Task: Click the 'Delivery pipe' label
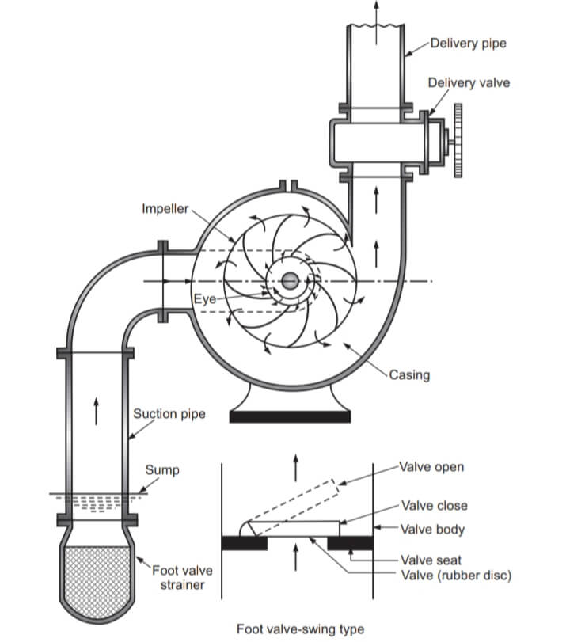coord(468,44)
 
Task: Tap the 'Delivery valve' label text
coord(469,82)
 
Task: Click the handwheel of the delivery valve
coord(458,140)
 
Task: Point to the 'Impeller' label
coord(165,209)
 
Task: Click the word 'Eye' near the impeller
coord(205,299)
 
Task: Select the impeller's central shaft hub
coord(291,281)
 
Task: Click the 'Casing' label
coord(409,375)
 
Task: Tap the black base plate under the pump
coord(290,417)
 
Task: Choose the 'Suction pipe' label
coord(169,414)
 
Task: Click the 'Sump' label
coord(162,470)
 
